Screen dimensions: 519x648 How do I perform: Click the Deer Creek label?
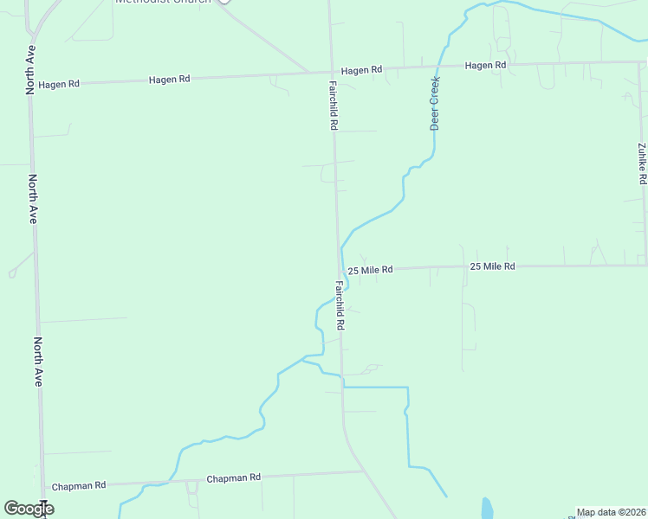436,103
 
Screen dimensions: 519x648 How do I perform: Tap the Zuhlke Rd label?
642,163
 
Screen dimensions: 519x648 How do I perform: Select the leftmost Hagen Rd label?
59,84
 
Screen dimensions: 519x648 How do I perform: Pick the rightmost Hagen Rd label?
485,66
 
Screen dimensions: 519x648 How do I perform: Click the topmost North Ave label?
30,68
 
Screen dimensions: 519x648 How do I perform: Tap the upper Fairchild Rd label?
333,106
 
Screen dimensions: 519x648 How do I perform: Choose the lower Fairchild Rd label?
340,305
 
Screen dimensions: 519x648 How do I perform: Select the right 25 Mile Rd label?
492,266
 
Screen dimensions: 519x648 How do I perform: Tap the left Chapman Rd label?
78,486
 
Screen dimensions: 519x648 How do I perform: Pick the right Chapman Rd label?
233,477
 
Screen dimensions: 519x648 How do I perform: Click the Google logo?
29,509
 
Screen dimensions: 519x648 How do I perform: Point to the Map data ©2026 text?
612,512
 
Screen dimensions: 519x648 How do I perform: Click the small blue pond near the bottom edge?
487,508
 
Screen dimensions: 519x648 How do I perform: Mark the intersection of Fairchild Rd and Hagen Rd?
331,71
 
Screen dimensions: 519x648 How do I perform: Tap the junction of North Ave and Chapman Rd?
42,488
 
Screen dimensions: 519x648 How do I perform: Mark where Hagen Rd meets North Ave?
30,84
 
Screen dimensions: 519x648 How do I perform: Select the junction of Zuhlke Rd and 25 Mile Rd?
645,264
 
